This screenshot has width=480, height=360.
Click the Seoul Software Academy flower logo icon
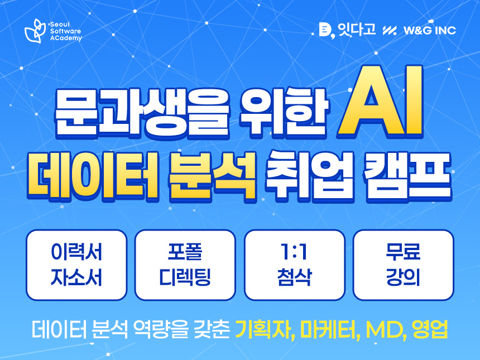tap(35, 31)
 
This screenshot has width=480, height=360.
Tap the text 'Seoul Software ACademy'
tap(66, 31)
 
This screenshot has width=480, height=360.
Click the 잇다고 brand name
tap(357, 30)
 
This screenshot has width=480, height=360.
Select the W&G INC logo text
tap(430, 30)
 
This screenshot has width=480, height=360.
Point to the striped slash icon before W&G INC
tap(390, 30)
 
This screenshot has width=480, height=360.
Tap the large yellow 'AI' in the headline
tap(380, 102)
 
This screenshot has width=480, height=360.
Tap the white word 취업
tap(310, 176)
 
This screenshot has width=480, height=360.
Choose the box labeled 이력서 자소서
tap(76, 265)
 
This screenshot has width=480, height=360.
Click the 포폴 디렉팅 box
tap(185, 265)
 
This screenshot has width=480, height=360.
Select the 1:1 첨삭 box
tap(295, 265)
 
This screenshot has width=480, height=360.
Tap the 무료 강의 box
tap(403, 265)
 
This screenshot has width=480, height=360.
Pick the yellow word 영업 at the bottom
tap(430, 329)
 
